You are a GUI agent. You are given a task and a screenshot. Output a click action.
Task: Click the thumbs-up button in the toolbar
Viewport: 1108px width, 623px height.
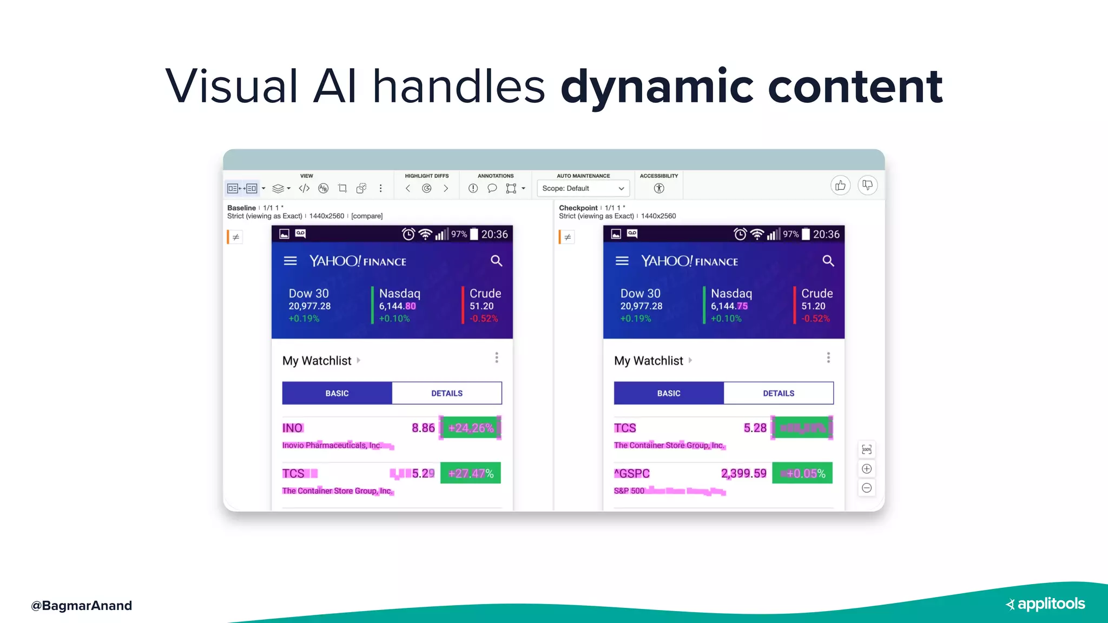pyautogui.click(x=840, y=185)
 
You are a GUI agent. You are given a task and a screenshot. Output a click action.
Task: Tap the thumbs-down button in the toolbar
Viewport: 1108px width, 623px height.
pyautogui.click(x=867, y=185)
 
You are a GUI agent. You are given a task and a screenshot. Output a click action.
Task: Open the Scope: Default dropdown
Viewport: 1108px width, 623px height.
pyautogui.click(x=583, y=188)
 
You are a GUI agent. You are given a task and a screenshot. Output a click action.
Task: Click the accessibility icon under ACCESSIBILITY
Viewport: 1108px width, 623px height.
pyautogui.click(x=658, y=188)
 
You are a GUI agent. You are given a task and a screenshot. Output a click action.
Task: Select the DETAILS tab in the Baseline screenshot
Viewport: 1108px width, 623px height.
pyautogui.click(x=447, y=393)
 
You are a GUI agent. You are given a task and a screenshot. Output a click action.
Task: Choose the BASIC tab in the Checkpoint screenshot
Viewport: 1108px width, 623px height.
pyautogui.click(x=669, y=393)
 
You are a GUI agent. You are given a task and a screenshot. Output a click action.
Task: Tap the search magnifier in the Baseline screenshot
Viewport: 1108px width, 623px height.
pyautogui.click(x=496, y=261)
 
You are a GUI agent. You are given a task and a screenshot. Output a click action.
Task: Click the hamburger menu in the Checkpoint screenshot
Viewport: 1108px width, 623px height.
pyautogui.click(x=622, y=261)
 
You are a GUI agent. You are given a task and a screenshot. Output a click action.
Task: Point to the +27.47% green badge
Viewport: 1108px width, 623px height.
pyautogui.click(x=471, y=473)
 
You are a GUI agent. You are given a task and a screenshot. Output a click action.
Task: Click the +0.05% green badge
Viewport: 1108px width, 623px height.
pyautogui.click(x=802, y=473)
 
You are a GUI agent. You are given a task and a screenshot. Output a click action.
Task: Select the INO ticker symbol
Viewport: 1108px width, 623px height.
pyautogui.click(x=292, y=428)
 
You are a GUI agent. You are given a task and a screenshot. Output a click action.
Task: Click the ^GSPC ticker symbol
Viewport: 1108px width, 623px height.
pyautogui.click(x=631, y=473)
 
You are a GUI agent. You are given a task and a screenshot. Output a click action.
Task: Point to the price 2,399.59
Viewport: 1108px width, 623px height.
pyautogui.click(x=743, y=473)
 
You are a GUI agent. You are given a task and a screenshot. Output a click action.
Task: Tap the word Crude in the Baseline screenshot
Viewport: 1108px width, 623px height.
pyautogui.click(x=485, y=293)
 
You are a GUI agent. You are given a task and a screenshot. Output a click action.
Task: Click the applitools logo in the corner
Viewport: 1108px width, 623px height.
pyautogui.click(x=1045, y=604)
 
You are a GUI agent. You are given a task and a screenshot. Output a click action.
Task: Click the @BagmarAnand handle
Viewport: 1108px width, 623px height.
pyautogui.click(x=81, y=605)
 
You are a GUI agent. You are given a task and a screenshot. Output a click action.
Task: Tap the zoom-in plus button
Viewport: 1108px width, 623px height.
pyautogui.click(x=867, y=469)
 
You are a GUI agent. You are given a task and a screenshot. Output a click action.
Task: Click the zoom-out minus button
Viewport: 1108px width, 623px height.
pyautogui.click(x=867, y=488)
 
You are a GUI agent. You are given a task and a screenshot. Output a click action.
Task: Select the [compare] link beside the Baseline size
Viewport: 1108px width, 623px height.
pyautogui.click(x=367, y=216)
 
